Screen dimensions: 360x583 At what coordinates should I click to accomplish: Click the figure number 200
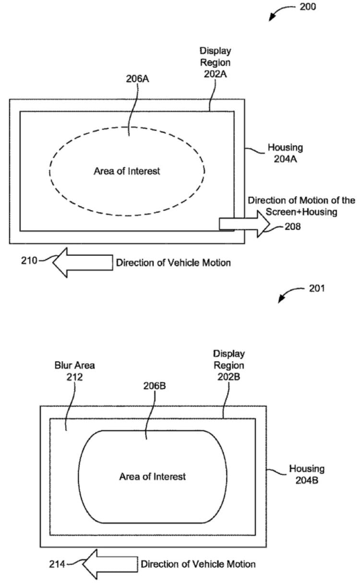[x=308, y=7]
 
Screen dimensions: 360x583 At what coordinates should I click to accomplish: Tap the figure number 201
[x=317, y=288]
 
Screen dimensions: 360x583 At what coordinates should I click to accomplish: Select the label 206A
[x=137, y=79]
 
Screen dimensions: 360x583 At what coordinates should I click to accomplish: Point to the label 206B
[x=155, y=386]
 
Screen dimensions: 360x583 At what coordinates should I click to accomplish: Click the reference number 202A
[x=215, y=74]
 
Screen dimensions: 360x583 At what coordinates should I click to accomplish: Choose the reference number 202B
[x=228, y=377]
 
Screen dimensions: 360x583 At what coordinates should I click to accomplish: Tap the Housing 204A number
[x=285, y=159]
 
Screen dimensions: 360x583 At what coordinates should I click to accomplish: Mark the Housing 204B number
[x=307, y=480]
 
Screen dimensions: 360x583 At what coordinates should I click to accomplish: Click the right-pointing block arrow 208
[x=244, y=224]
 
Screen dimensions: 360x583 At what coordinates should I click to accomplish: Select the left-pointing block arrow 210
[x=83, y=262]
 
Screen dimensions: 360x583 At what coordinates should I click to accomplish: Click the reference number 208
[x=293, y=226]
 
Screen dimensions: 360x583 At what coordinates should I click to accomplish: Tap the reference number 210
[x=29, y=261]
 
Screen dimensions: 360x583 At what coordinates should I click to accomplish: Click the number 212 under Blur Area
[x=74, y=377]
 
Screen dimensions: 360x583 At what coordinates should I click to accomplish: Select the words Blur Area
[x=74, y=366]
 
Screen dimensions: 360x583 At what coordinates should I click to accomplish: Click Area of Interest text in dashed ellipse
[x=127, y=171]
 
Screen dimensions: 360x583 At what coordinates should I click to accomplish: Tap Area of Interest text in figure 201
[x=152, y=476]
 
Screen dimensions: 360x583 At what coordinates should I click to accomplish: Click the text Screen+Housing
[x=301, y=212]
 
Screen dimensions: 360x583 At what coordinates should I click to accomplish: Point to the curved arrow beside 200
[x=281, y=11]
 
